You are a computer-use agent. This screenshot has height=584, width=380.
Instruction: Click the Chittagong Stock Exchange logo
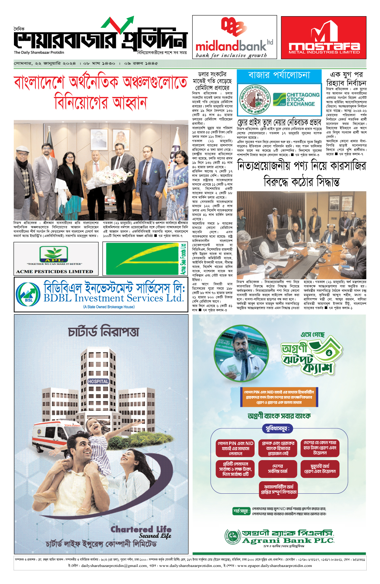[296, 99]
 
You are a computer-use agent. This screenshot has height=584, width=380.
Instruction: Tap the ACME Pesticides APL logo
[54, 254]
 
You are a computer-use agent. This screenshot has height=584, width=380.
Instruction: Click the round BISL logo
[28, 294]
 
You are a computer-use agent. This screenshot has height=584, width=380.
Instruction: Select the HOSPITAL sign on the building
[98, 382]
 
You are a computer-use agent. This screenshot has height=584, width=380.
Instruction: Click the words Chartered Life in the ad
[141, 529]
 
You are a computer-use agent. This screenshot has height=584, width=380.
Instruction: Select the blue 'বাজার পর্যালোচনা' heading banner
[279, 75]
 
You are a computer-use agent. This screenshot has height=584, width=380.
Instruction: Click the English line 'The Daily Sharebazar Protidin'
[39, 53]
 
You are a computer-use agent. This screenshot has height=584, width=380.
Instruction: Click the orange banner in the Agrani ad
[279, 397]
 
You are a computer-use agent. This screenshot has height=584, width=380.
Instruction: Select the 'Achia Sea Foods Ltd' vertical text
[183, 259]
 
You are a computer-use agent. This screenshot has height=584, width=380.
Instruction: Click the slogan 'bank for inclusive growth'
[231, 55]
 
